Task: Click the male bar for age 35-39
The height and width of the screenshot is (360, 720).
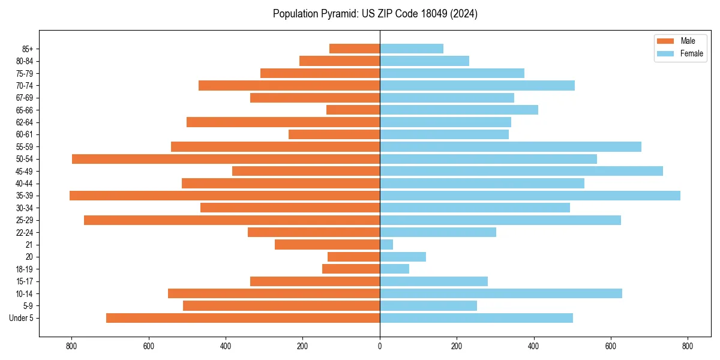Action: coord(224,196)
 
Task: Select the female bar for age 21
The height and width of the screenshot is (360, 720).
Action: coord(386,245)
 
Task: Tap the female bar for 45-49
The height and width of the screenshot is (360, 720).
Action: coord(521,171)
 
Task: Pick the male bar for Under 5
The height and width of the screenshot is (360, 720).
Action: coord(243,318)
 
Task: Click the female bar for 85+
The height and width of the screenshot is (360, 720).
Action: coord(412,49)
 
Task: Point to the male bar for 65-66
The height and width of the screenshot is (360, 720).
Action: coord(353,110)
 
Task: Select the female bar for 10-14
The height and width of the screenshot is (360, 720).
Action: coord(501,293)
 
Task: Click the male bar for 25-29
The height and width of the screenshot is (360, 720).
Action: coord(232,220)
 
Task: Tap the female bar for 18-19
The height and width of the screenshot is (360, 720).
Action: coord(394,269)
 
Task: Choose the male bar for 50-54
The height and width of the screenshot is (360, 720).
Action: coord(226,159)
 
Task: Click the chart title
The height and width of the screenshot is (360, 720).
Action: coord(375,14)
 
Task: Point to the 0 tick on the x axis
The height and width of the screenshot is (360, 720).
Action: coord(380,346)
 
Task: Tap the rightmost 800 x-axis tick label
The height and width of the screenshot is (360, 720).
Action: coord(688,346)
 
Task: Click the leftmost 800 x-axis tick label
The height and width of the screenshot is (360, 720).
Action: coord(71,346)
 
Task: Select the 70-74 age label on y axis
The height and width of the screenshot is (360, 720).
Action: coord(25,86)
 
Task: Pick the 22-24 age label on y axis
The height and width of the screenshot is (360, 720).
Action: coord(25,233)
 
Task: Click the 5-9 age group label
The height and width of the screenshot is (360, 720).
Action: coord(28,306)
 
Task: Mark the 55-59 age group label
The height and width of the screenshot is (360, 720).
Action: coord(25,147)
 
